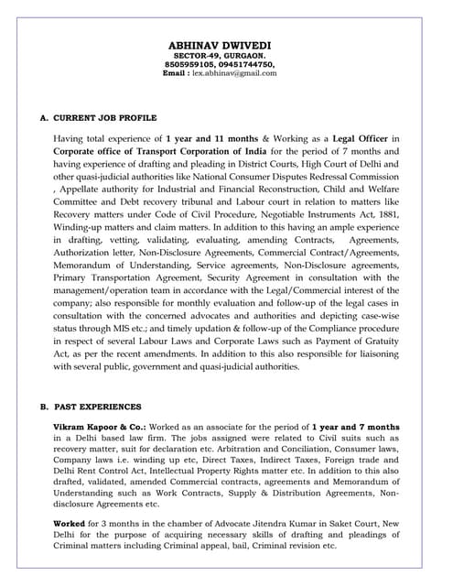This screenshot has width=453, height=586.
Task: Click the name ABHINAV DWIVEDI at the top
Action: [x=226, y=44]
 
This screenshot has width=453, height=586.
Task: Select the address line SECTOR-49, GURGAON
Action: [x=226, y=55]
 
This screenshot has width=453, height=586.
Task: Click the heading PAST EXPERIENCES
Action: [x=98, y=406]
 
